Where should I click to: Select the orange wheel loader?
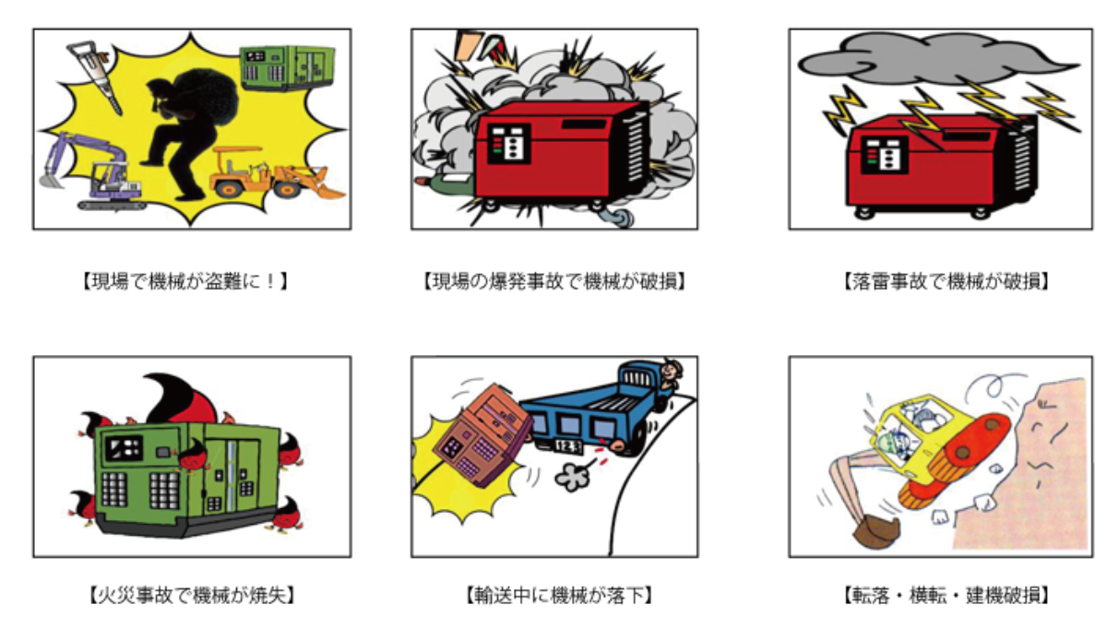pyautogui.click(x=272, y=174)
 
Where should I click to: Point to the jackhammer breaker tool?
pyautogui.click(x=93, y=74)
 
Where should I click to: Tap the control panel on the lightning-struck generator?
pyautogui.click(x=885, y=154)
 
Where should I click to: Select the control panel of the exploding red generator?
pyautogui.click(x=509, y=144)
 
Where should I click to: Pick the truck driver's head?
pyautogui.click(x=671, y=371)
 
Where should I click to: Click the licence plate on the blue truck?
pyautogui.click(x=567, y=446)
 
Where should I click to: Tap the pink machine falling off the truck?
pyautogui.click(x=482, y=435)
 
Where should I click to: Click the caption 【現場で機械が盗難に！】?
pyautogui.click(x=184, y=281)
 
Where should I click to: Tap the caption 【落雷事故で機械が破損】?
pyautogui.click(x=946, y=281)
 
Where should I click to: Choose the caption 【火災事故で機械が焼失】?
pyautogui.click(x=192, y=595)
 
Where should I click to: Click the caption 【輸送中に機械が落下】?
pyautogui.click(x=558, y=595)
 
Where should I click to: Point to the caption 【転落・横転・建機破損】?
pyautogui.click(x=946, y=595)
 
